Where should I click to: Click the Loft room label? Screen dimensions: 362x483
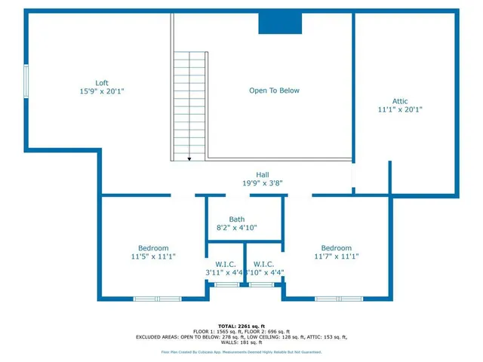tap(102, 83)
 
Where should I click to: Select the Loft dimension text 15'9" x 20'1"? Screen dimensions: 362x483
tap(102, 91)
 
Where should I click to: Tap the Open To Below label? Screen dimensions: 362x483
tap(275, 90)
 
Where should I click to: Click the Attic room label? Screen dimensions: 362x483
tap(400, 101)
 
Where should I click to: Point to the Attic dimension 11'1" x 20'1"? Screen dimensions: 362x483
tap(400, 109)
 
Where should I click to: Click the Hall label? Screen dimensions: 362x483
tap(262, 174)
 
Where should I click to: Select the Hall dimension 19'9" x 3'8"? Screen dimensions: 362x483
tap(262, 183)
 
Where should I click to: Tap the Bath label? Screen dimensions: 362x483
tap(237, 219)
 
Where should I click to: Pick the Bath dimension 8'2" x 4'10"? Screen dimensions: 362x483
tap(237, 228)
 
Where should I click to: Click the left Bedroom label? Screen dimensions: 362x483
tap(153, 248)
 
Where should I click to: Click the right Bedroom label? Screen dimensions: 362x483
tap(336, 248)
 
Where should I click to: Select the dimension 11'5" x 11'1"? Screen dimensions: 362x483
tap(153, 256)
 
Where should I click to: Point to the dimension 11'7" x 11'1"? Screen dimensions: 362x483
tap(336, 256)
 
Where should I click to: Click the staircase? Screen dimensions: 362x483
tap(189, 106)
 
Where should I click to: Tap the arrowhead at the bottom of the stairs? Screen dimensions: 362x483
tap(189, 158)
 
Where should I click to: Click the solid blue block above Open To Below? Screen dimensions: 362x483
tap(281, 23)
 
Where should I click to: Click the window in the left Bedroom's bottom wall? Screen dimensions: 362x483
tap(157, 299)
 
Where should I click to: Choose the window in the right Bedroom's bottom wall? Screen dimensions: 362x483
tap(337, 299)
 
